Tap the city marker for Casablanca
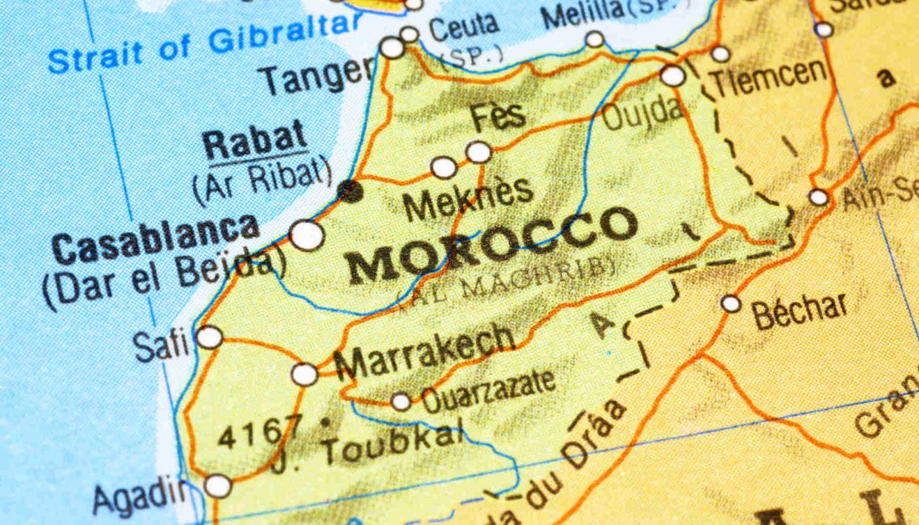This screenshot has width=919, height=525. tap(307, 235)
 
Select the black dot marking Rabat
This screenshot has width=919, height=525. tap(350, 191)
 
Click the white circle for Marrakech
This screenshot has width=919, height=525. tap(305, 374)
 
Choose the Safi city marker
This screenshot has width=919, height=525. tap(209, 337)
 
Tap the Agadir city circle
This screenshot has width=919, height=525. tap(218, 486)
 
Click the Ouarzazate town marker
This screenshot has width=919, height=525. tap(400, 401)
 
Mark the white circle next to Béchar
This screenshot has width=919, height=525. tap(731, 303)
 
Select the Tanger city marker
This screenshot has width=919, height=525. tap(393, 47)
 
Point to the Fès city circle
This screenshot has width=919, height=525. tap(479, 152)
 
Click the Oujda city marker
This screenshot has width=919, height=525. tap(673, 75)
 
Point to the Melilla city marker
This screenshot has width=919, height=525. tap(595, 39)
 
